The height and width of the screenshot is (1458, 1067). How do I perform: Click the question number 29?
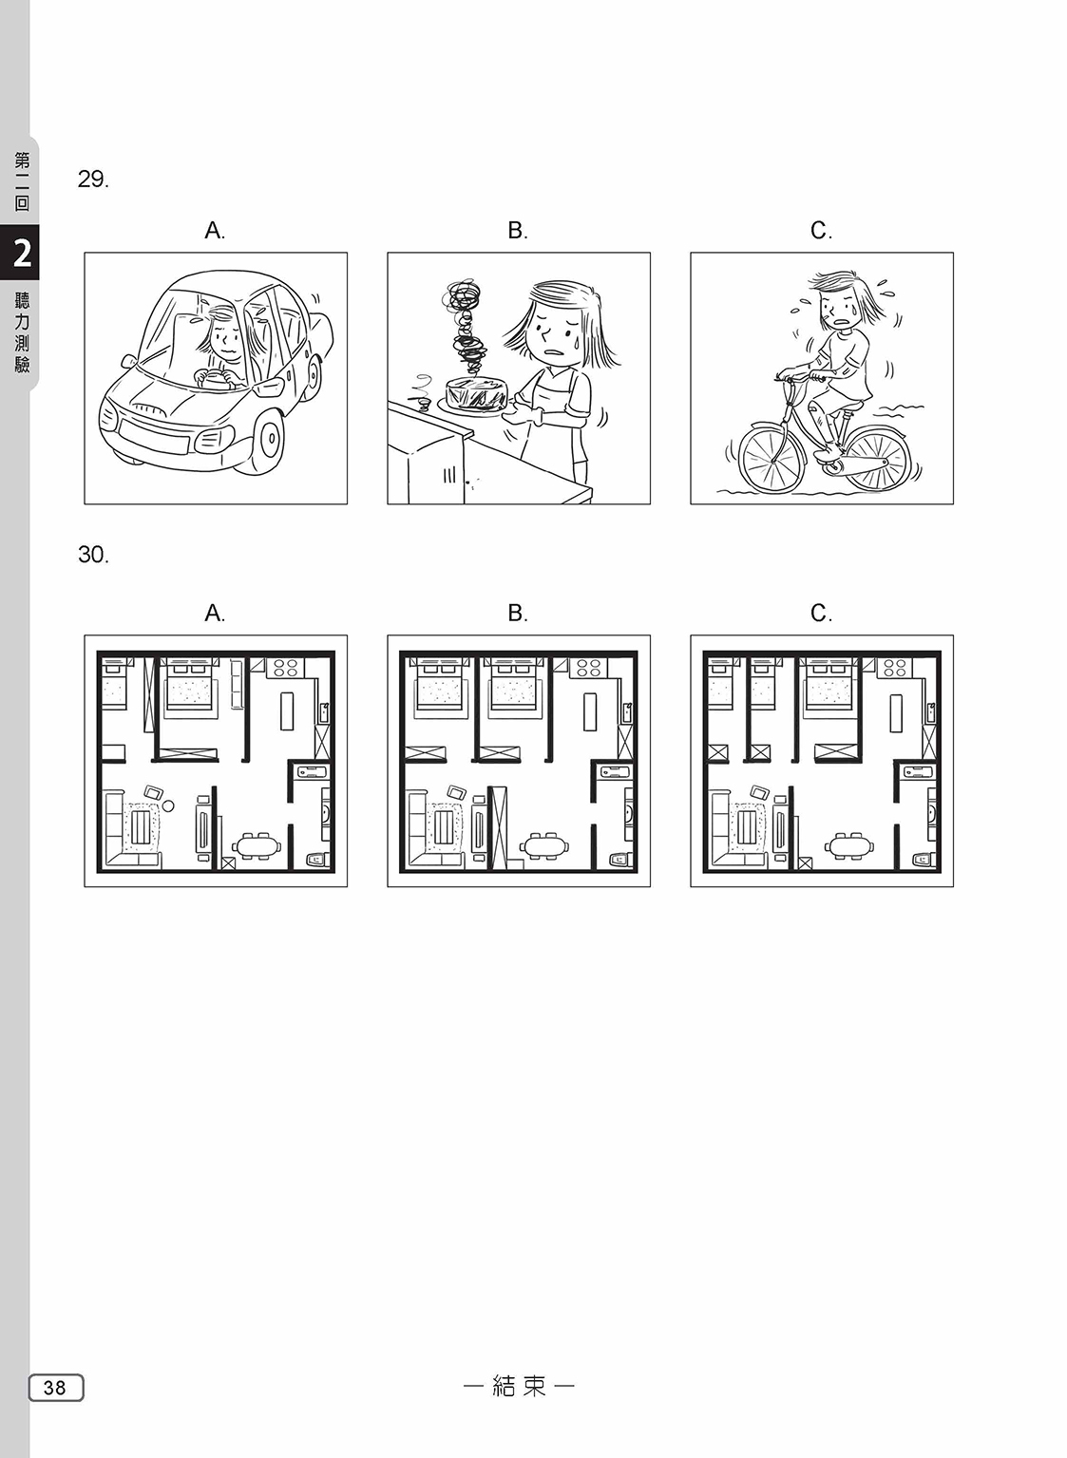coord(93,179)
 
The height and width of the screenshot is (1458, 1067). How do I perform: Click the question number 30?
coord(93,555)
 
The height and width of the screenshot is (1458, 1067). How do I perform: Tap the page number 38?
coord(55,1387)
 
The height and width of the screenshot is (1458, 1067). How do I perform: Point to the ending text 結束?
coord(519,1386)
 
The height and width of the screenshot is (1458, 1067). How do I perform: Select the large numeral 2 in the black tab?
coord(22,253)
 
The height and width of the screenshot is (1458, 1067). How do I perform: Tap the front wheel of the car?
coord(266,437)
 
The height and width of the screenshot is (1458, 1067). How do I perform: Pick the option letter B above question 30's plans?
coord(518,613)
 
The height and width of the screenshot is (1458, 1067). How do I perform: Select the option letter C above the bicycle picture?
coord(821,230)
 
